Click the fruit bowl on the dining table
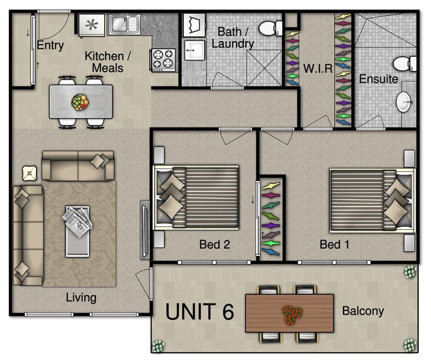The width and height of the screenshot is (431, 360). (x=80, y=102)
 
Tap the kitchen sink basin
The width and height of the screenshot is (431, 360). (x=125, y=24)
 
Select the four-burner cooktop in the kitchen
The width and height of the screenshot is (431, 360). (x=163, y=60)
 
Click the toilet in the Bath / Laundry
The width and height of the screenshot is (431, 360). (x=270, y=28)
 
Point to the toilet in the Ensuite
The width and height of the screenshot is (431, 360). (x=404, y=64)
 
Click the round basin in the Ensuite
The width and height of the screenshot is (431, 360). (x=404, y=102)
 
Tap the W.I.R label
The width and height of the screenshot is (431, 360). (x=318, y=68)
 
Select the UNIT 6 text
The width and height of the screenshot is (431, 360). (x=200, y=312)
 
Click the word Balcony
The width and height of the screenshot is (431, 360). (x=363, y=311)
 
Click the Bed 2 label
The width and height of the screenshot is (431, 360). (x=214, y=244)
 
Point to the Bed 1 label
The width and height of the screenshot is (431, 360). (x=335, y=244)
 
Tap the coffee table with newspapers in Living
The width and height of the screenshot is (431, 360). (x=78, y=231)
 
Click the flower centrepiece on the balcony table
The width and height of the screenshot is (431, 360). (x=292, y=314)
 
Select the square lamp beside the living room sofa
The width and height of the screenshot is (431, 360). (x=29, y=173)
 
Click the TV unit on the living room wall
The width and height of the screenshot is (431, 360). (x=145, y=230)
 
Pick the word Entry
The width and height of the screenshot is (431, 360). (x=50, y=45)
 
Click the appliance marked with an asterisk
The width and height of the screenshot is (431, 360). (x=91, y=25)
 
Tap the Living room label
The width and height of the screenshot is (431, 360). (x=81, y=298)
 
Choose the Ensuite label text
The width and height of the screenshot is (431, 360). (x=378, y=79)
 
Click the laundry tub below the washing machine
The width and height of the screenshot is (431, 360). (x=194, y=50)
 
